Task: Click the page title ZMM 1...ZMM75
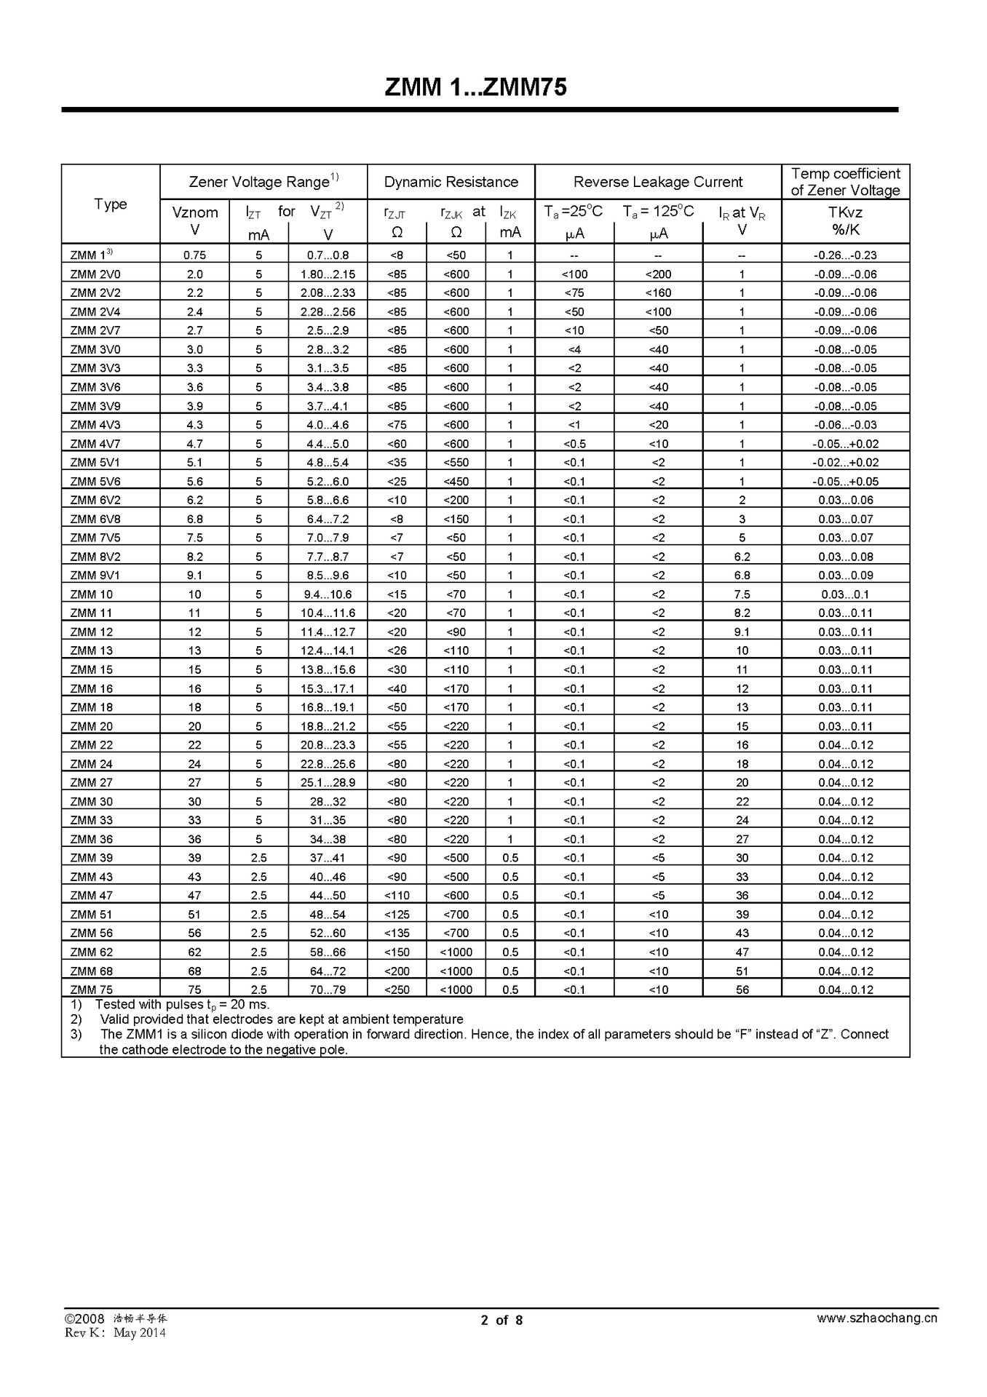(x=475, y=87)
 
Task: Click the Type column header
(x=111, y=204)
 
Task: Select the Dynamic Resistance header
(x=451, y=182)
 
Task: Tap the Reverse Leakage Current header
(x=658, y=182)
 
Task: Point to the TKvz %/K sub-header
(x=845, y=220)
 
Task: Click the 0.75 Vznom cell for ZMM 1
(x=194, y=255)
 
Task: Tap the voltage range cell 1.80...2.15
(x=328, y=274)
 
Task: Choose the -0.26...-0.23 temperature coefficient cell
(x=845, y=255)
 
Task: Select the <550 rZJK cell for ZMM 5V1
(x=456, y=463)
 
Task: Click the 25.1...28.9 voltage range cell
(x=328, y=783)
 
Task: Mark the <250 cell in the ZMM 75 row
(x=397, y=990)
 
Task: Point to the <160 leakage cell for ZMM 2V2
(x=658, y=293)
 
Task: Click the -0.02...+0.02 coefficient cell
(x=845, y=463)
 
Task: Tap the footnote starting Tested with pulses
(x=182, y=1005)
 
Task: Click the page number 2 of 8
(x=502, y=1320)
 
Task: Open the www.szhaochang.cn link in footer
(x=876, y=1318)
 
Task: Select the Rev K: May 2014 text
(x=115, y=1332)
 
